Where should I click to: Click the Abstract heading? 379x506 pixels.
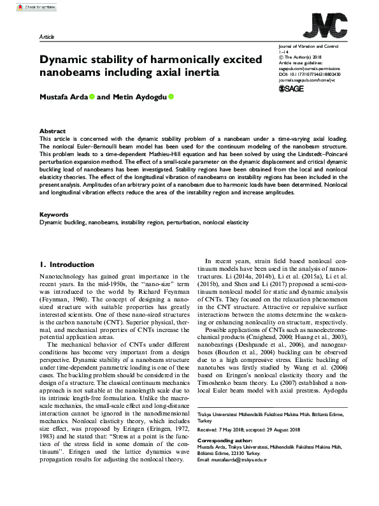(52, 130)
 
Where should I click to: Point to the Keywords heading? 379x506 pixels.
(54, 214)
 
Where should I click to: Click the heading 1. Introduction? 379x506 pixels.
(67, 264)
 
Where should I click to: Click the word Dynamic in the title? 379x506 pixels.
(64, 60)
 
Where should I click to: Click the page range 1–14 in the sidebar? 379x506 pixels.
(283, 53)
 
